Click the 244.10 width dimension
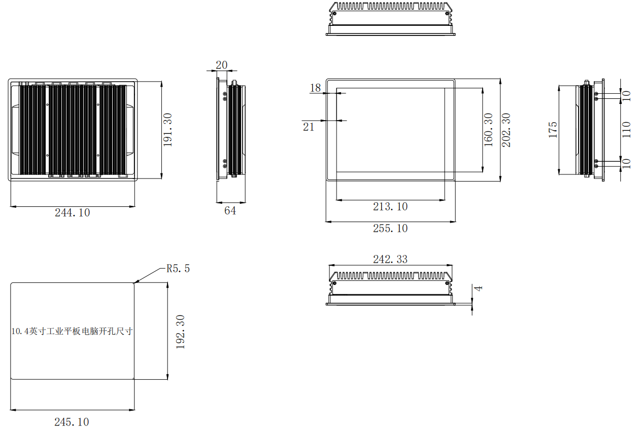(x=72, y=212)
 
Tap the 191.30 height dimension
(x=167, y=130)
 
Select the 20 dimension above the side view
(x=221, y=65)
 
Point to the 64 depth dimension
(x=230, y=210)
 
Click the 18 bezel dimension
(x=315, y=88)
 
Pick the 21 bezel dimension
(x=309, y=127)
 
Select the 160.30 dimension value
(x=489, y=130)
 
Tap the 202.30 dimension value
(x=506, y=130)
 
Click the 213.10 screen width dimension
(x=390, y=207)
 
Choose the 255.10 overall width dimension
(x=390, y=228)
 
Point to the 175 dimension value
(x=553, y=130)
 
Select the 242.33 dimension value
(x=390, y=259)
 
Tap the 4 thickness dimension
(x=478, y=288)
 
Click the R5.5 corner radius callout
(x=178, y=269)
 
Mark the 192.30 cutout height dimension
(x=180, y=332)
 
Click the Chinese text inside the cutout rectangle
(x=72, y=331)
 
